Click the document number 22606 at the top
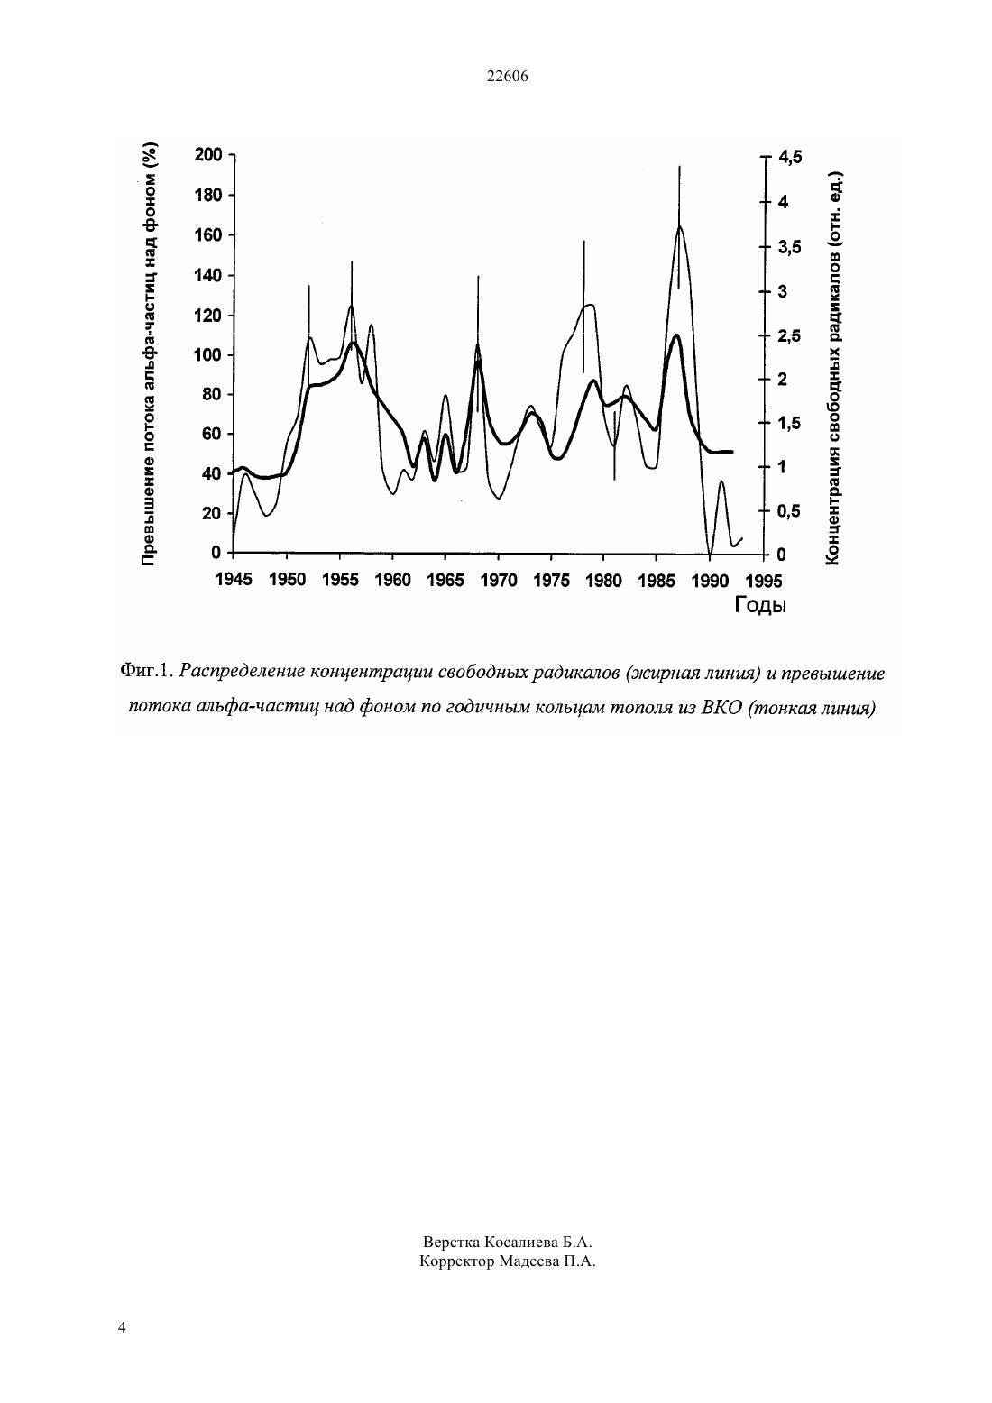507,77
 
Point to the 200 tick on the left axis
208,155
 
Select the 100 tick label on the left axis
208,355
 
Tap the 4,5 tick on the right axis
790,157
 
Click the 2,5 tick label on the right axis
790,336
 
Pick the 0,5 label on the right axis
790,512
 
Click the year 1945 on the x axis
234,580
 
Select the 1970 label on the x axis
499,581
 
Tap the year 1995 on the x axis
764,582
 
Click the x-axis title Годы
759,605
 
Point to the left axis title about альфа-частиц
149,354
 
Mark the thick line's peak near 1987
676,335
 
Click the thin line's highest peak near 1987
679,226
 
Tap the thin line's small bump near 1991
721,481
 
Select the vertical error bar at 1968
478,344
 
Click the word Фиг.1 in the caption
145,672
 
